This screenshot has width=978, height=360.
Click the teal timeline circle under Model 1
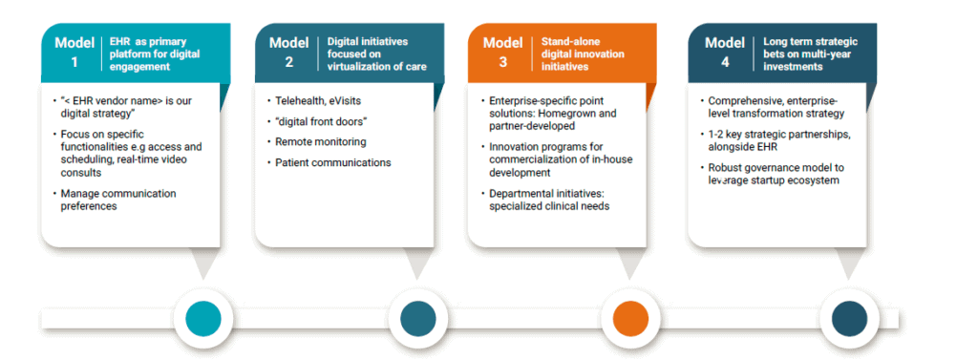point(202,317)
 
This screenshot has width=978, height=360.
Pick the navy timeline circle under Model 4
point(844,317)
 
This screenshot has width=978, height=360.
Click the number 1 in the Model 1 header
point(74,62)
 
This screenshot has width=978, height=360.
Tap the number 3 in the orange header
point(502,62)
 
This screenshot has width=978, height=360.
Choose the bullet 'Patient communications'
point(332,162)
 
